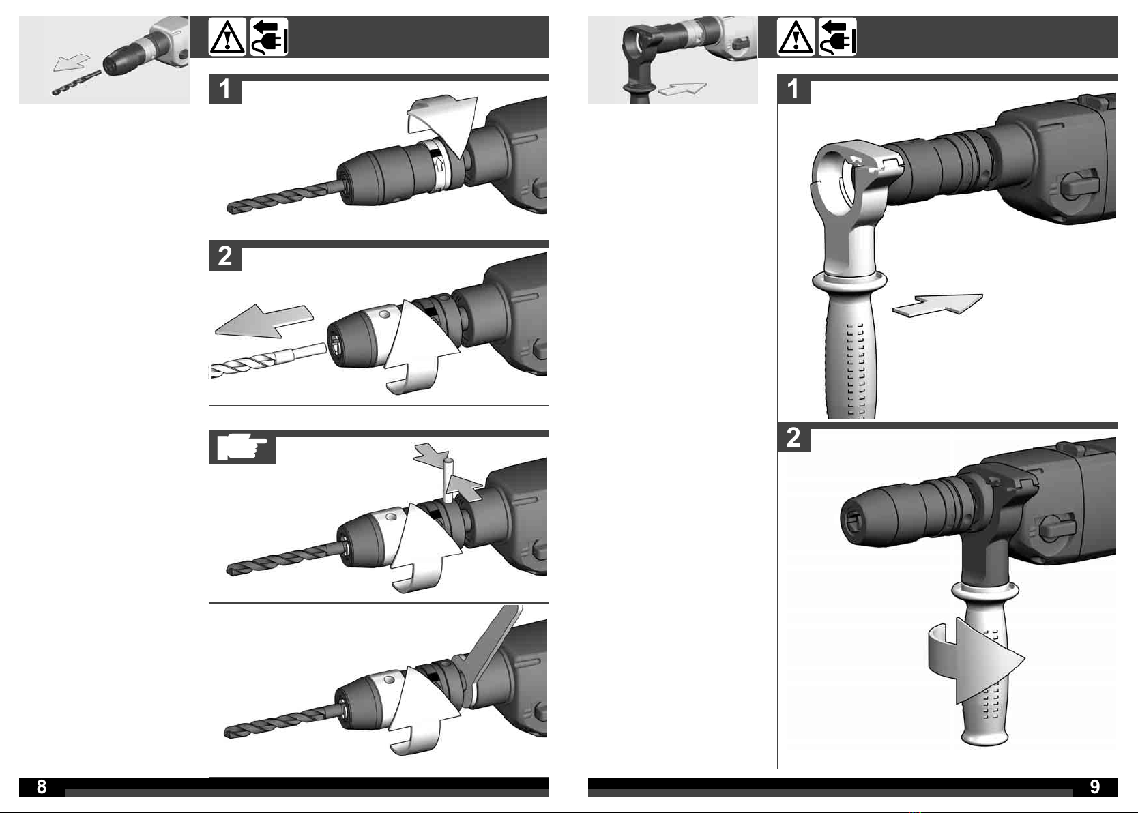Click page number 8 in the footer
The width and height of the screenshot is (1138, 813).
point(42,786)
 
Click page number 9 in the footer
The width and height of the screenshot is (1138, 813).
point(1095,786)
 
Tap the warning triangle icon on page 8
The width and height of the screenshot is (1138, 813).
point(227,37)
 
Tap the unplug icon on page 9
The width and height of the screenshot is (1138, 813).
point(837,37)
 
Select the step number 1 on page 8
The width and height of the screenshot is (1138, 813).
point(224,89)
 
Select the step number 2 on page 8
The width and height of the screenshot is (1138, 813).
point(224,256)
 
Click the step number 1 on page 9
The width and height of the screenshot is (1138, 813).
point(793,89)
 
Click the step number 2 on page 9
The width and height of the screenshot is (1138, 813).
point(793,437)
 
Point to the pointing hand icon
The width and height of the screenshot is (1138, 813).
point(242,447)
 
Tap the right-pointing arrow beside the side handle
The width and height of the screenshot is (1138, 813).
point(938,305)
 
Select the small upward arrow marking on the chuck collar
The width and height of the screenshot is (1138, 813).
point(439,164)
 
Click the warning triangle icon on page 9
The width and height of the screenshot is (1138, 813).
point(796,37)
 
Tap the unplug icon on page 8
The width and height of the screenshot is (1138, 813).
point(269,37)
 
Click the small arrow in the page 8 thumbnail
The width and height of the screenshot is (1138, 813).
point(71,63)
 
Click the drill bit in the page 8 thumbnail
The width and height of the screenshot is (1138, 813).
point(76,83)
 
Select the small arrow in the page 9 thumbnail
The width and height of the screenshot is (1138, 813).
point(682,89)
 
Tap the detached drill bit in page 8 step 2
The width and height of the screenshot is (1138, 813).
point(267,361)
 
